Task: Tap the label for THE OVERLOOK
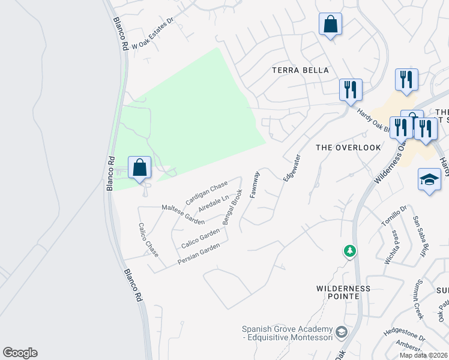348,147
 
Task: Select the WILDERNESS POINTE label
343,293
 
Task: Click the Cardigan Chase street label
206,192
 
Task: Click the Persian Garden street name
199,254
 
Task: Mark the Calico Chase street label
148,240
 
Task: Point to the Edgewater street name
292,167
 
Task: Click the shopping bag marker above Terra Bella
330,25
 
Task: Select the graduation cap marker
429,179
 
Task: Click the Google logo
20,353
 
